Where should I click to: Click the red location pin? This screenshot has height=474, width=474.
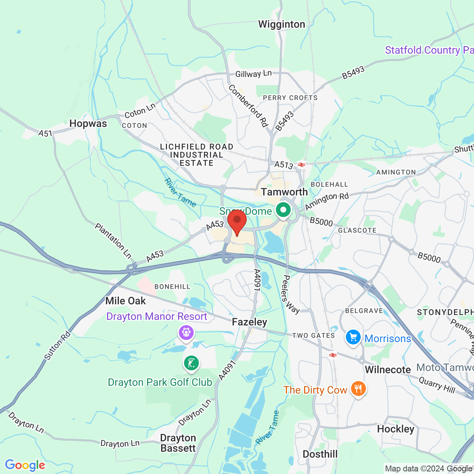coord(237,221)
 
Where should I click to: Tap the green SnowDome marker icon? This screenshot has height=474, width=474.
coord(284,210)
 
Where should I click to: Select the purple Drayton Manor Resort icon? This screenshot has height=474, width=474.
coord(186,332)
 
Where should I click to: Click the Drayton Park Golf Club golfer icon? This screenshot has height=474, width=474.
coord(191,363)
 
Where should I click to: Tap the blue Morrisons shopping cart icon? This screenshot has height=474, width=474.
coord(353,337)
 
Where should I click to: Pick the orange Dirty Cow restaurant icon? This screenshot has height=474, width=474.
coord(358,389)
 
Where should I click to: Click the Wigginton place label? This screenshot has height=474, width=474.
coord(282,24)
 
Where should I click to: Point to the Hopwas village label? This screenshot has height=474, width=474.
coord(88,124)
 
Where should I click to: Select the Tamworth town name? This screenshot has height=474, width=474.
coord(284,192)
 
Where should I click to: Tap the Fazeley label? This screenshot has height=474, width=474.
coord(249,322)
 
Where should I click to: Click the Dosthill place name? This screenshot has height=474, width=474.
coord(320,454)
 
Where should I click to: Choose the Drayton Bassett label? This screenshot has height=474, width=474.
coord(178,443)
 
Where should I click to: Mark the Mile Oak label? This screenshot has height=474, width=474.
coord(126,301)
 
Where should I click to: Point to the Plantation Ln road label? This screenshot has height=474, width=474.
coord(113,240)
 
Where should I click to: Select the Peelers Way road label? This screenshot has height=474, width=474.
coord(290,294)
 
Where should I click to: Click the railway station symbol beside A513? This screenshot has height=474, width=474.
coord(301,165)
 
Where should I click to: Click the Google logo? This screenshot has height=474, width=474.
coord(25,465)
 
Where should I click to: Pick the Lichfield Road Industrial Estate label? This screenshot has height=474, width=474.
coord(197,155)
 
